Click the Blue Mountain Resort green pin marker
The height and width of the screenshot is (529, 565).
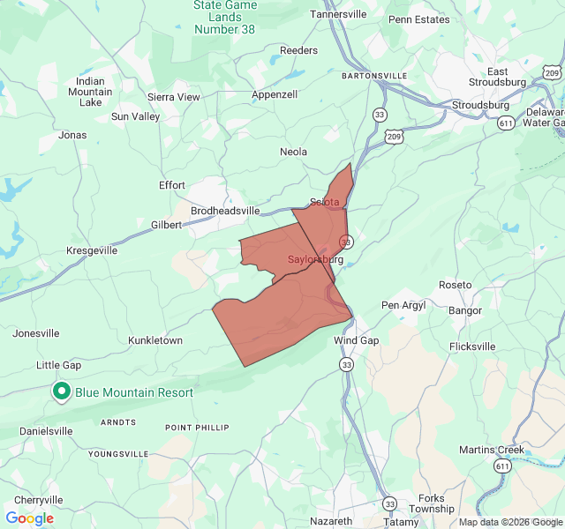[62, 391]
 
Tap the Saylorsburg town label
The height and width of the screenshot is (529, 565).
[315, 260]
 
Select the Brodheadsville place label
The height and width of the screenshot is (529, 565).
[225, 211]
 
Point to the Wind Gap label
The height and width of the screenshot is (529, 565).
[356, 340]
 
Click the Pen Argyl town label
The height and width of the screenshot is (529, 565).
[403, 305]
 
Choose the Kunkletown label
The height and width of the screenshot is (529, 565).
[155, 340]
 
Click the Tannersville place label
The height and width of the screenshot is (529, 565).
[338, 15]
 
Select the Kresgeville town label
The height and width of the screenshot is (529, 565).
[92, 250]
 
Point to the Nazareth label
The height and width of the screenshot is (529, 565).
[332, 521]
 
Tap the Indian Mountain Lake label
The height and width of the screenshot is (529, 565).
[90, 92]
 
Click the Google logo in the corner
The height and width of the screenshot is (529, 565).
[29, 518]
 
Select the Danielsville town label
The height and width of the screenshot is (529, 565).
[46, 431]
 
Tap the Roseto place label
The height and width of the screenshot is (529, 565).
[456, 286]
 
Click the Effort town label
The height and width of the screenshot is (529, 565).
[171, 185]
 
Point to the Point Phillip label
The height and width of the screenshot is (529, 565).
[197, 428]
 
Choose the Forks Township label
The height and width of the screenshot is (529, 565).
[432, 503]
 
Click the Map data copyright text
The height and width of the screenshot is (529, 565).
[509, 522]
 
